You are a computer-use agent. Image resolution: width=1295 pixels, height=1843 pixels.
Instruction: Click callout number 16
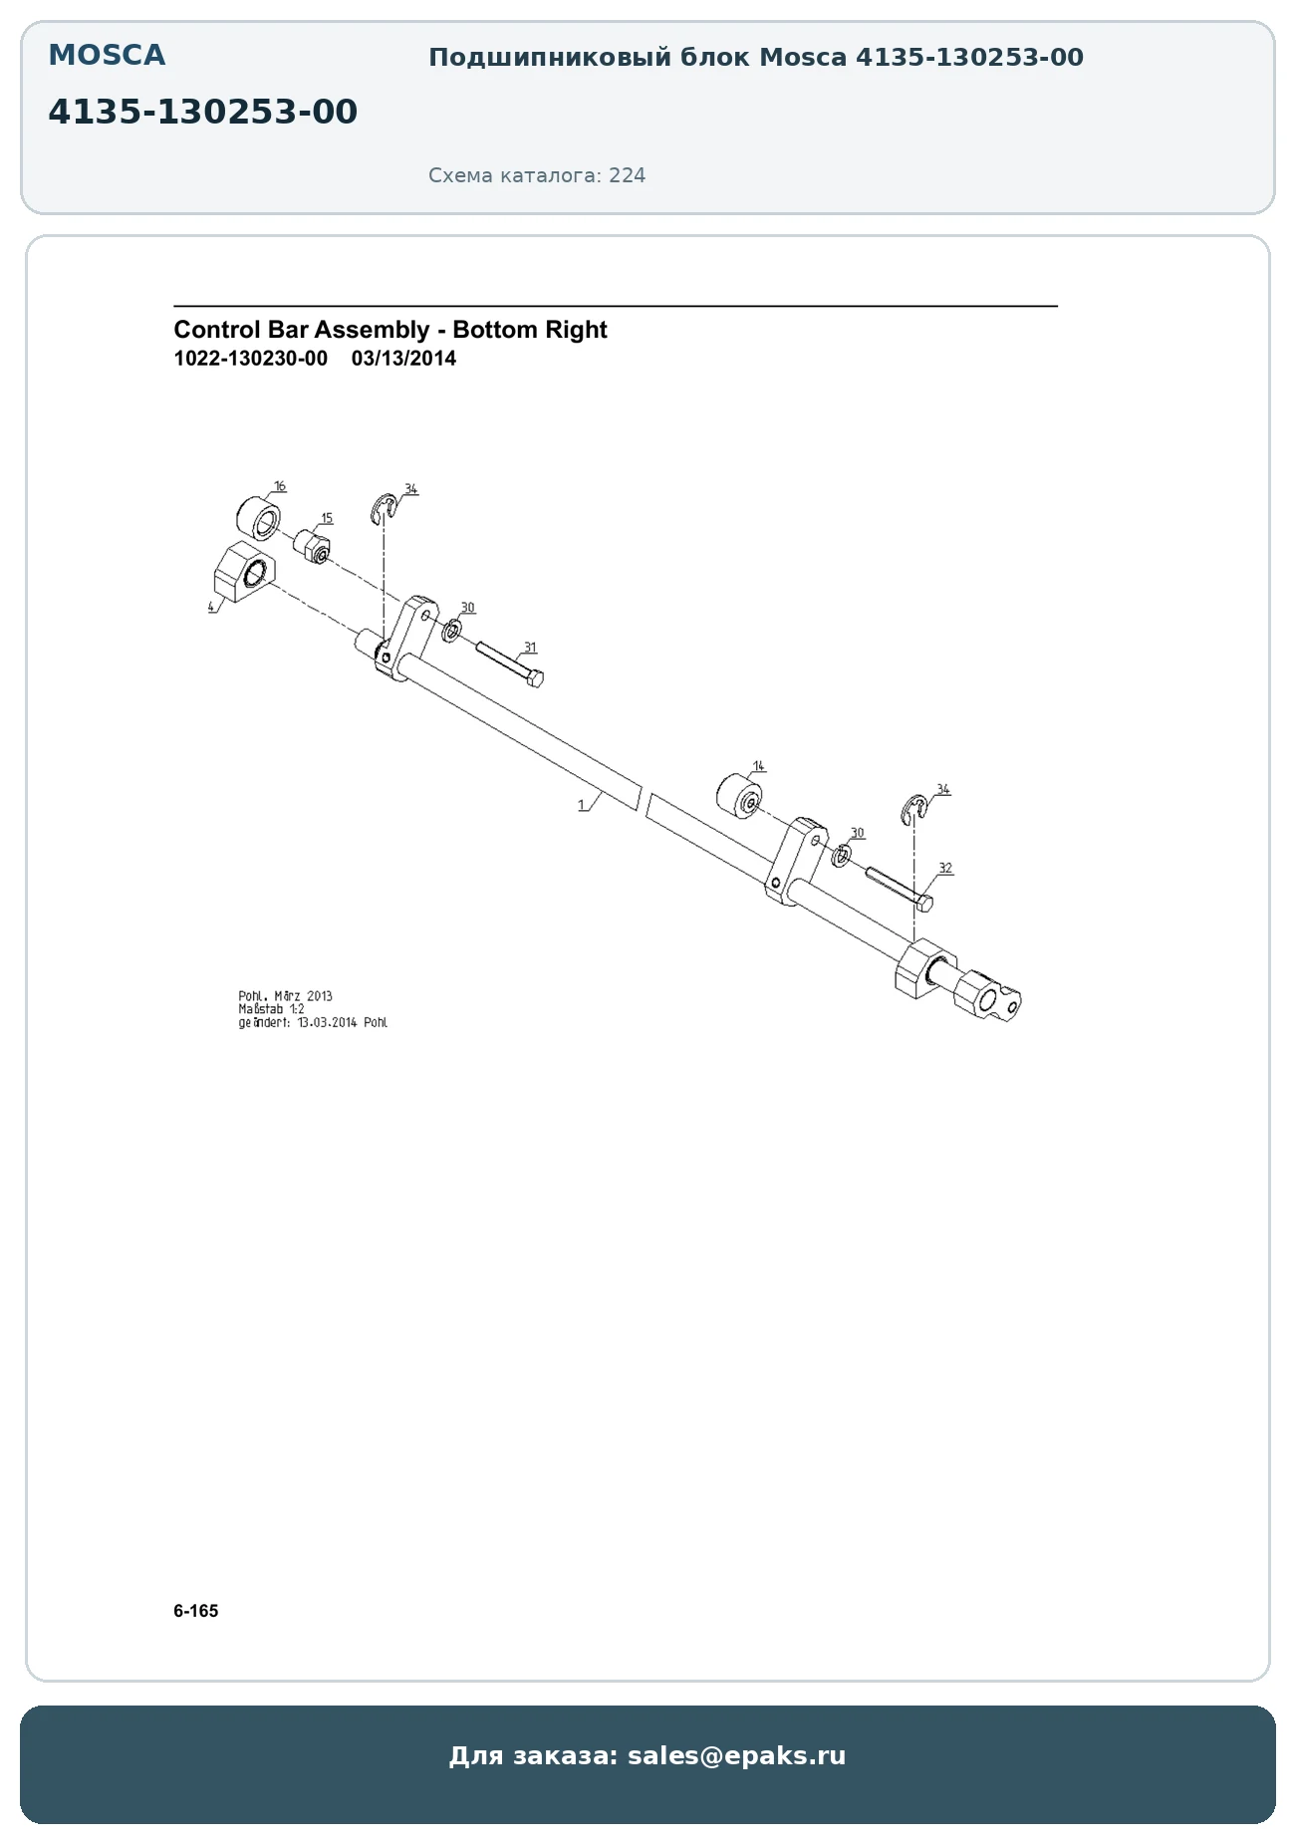click(x=280, y=486)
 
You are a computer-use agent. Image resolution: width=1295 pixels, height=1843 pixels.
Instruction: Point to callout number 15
click(x=327, y=518)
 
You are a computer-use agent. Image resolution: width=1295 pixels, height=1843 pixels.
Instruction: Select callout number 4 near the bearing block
click(x=211, y=606)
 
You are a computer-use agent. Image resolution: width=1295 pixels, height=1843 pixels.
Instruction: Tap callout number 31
click(x=530, y=648)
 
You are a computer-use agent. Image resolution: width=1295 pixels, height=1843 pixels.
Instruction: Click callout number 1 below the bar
click(x=582, y=805)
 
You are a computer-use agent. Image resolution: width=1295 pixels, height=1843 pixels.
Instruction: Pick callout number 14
click(x=759, y=766)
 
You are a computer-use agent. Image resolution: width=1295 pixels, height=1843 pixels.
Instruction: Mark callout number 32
click(x=945, y=868)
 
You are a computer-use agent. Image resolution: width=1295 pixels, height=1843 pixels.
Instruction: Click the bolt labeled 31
click(x=509, y=663)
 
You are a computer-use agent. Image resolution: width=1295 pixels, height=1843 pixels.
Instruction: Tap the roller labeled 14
click(x=740, y=798)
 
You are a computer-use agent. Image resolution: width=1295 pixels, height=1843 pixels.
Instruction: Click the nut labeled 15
click(x=312, y=546)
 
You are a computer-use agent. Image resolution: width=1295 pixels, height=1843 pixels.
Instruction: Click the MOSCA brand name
click(x=107, y=56)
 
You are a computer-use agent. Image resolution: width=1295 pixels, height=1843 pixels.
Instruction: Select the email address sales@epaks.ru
click(x=736, y=1755)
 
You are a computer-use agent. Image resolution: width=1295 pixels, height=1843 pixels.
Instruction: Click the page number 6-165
click(x=195, y=1611)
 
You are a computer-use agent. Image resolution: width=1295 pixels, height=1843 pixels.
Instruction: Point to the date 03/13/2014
click(x=403, y=359)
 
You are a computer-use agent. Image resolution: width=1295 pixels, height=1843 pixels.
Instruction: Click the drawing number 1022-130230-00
click(x=250, y=359)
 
